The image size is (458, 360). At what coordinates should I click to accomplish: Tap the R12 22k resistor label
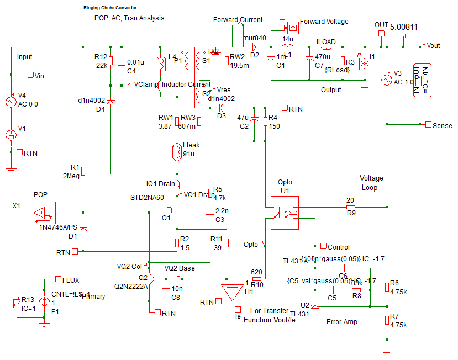(x=101, y=61)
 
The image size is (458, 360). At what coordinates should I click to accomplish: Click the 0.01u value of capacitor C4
(x=135, y=62)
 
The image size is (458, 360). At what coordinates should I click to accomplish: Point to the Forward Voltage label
(x=324, y=22)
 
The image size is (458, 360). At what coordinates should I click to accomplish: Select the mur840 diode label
(x=255, y=38)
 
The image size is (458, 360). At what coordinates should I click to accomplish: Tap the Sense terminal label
(x=443, y=125)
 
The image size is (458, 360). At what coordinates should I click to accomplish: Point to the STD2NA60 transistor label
(x=146, y=198)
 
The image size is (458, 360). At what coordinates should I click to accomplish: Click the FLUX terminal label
(x=71, y=280)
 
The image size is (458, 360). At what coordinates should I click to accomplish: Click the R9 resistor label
(x=350, y=211)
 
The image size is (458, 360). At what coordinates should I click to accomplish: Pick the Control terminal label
(x=338, y=247)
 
